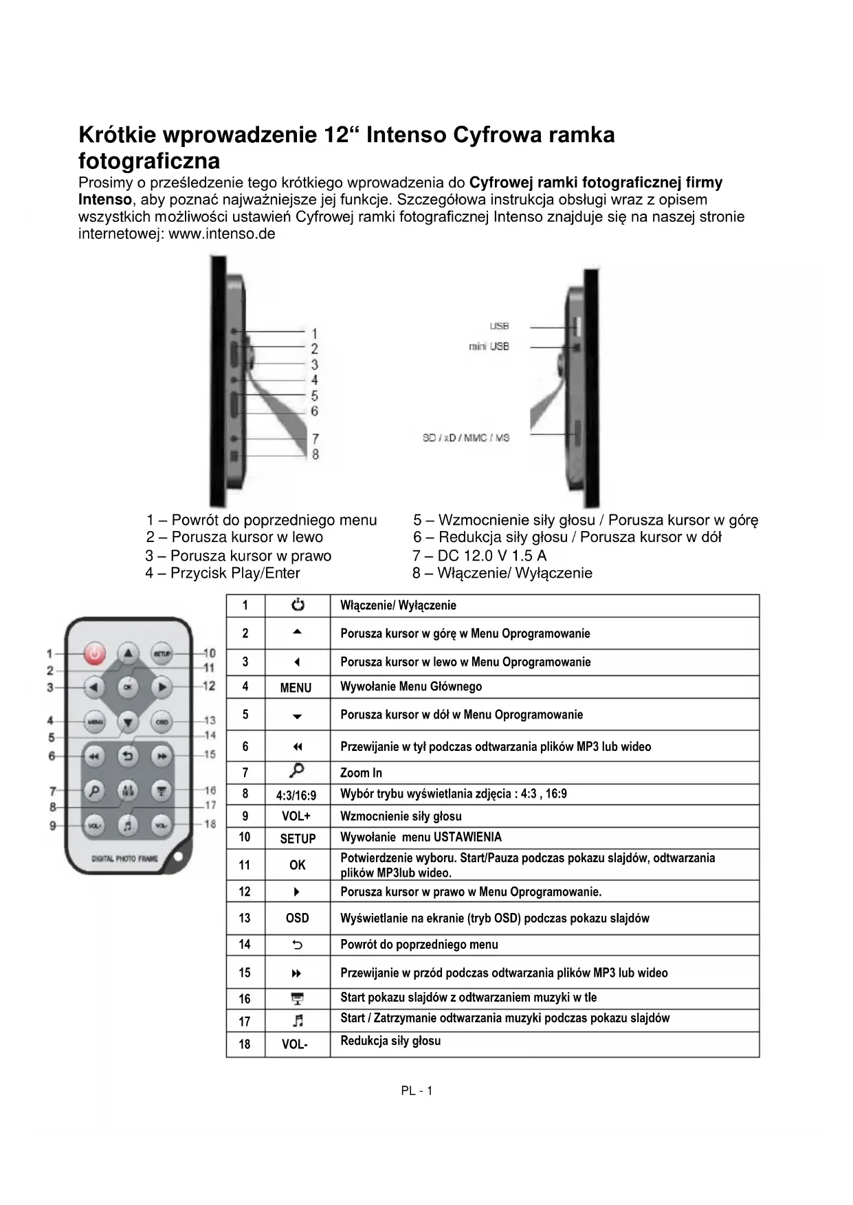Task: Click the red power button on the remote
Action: point(96,653)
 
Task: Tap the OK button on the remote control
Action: point(129,686)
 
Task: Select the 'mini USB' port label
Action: point(489,347)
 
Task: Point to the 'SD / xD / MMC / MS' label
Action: point(466,438)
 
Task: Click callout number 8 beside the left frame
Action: point(315,454)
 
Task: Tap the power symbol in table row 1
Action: point(298,605)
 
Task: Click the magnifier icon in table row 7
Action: point(298,771)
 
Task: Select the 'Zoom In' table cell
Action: point(362,773)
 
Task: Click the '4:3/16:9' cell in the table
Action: point(296,796)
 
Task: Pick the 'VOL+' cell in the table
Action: point(296,816)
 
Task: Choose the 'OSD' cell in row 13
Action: point(297,918)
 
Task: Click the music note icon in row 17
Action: point(298,1021)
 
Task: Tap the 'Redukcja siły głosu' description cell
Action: point(390,1041)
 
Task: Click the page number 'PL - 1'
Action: point(417,1091)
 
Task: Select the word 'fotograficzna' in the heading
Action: point(149,161)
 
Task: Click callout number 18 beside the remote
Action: point(210,823)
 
